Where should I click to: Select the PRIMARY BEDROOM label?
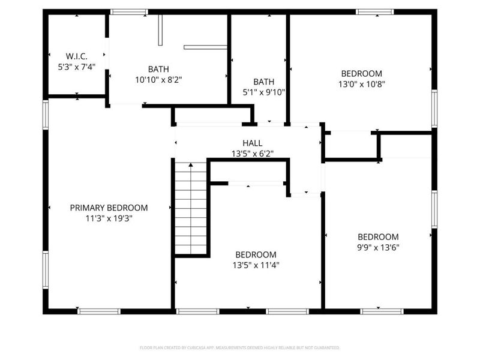(x=109, y=208)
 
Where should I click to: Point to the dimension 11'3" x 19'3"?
(x=109, y=218)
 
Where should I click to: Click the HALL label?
(x=252, y=143)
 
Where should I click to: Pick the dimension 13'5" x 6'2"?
(x=252, y=154)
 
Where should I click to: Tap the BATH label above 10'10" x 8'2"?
(x=158, y=68)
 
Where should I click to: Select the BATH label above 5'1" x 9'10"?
(x=263, y=82)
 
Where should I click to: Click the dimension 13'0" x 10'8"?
(x=361, y=85)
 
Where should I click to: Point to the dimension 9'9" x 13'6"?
(x=378, y=247)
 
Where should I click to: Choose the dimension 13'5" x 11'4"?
(x=256, y=265)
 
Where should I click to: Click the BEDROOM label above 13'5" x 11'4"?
(x=256, y=254)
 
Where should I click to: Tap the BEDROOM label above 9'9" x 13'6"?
(x=378, y=236)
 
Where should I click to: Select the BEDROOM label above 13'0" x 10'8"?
(x=361, y=74)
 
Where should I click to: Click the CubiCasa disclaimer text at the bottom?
(x=240, y=347)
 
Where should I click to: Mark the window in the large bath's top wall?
(x=129, y=11)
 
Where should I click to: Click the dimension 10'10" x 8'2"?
(x=158, y=79)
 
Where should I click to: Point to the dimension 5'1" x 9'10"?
(x=263, y=92)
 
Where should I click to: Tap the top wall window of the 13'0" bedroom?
(x=376, y=11)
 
